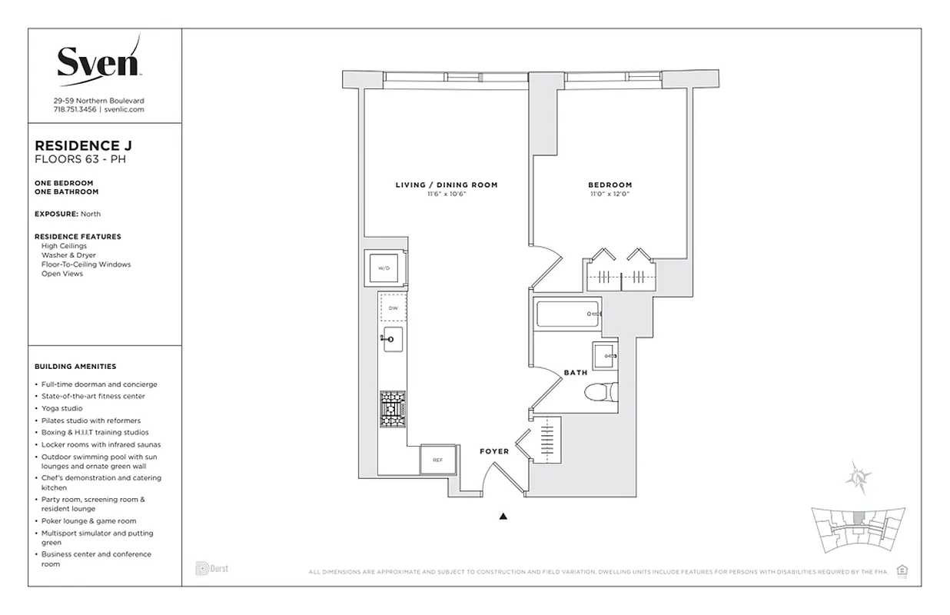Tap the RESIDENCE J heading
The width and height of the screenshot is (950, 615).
point(78,145)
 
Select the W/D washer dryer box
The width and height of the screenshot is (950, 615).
point(384,268)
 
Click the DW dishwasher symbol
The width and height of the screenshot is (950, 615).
point(393,307)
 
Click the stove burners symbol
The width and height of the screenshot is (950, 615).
point(393,409)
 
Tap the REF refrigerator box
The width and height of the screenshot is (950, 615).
point(437,460)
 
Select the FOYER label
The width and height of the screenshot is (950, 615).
point(494,451)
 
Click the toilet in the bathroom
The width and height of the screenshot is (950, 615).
point(600,393)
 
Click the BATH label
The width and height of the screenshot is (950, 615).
point(576,373)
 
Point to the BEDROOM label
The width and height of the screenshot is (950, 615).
point(610,184)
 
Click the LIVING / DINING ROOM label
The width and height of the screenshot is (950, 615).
point(447,184)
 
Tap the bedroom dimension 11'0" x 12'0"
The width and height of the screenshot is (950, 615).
point(610,194)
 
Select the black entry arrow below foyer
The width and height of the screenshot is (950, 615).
point(503,517)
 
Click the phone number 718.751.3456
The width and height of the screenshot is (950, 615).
point(75,110)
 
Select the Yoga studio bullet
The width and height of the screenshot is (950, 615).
point(61,408)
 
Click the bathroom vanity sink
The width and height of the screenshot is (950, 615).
point(604,356)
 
